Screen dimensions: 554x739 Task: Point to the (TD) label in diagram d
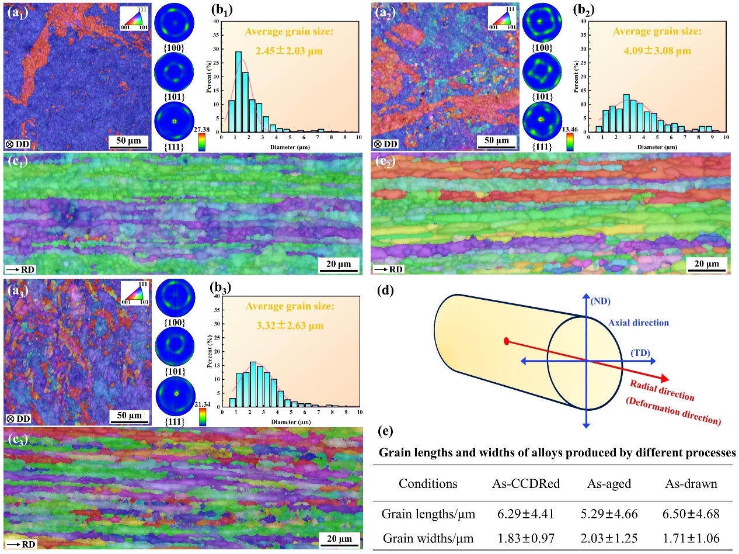[x=640, y=352]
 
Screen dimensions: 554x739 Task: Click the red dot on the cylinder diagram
[x=506, y=341]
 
